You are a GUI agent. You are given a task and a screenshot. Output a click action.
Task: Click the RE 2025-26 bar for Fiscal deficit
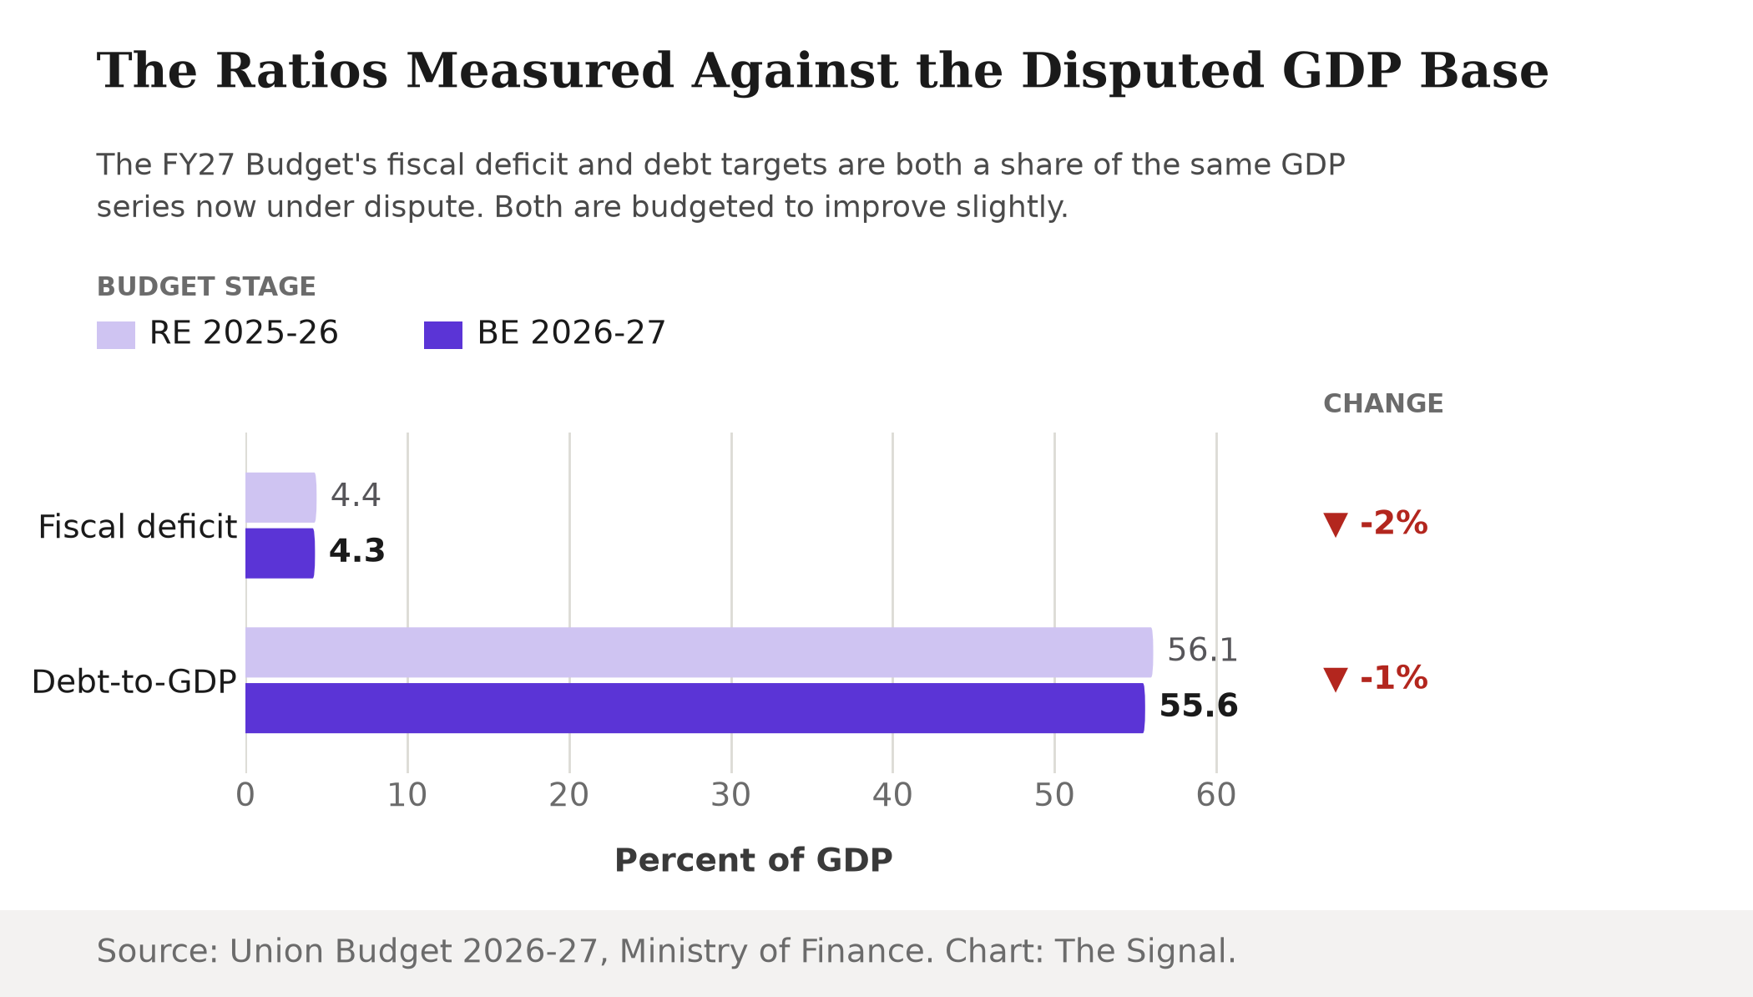point(280,498)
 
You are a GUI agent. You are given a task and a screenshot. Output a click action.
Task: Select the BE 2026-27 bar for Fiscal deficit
point(280,554)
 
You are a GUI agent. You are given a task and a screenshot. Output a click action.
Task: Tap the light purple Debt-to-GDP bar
point(699,652)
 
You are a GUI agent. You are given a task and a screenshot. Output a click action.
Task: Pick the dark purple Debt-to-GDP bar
point(695,708)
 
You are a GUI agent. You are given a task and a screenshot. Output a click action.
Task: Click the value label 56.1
point(1202,650)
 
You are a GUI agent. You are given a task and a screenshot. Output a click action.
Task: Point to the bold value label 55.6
point(1199,706)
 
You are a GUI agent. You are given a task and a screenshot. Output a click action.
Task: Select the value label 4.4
point(356,495)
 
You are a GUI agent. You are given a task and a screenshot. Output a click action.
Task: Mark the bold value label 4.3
point(357,551)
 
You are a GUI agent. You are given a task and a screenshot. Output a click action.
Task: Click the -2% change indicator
point(1376,524)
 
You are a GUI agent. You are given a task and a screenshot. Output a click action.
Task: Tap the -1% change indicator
point(1376,678)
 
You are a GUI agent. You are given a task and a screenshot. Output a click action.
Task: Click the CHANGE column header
point(1383,404)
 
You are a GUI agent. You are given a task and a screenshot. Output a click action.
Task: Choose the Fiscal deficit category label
point(138,527)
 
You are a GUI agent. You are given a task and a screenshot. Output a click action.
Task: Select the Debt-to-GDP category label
point(134,682)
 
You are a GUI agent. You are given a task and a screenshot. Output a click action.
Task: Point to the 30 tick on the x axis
point(731,796)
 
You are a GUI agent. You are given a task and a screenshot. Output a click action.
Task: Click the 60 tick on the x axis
point(1216,796)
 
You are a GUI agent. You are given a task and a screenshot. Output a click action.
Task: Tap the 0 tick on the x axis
point(245,796)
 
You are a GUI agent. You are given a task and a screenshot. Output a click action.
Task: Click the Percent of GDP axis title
point(754,861)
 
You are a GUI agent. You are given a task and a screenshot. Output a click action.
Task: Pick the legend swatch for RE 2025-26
point(116,335)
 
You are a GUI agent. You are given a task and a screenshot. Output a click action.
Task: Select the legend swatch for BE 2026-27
point(443,335)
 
